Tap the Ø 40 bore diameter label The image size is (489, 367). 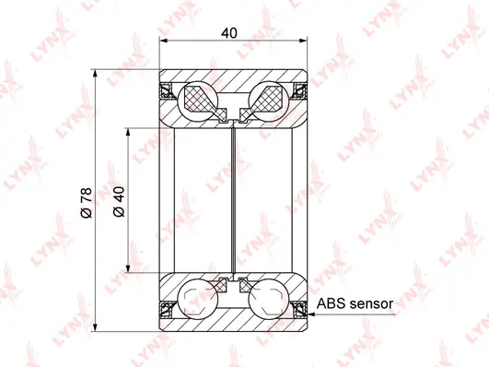click(x=116, y=201)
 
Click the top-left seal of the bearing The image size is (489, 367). click(x=168, y=90)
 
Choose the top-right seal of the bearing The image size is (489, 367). click(x=300, y=90)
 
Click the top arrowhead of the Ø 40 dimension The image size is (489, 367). click(x=128, y=131)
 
